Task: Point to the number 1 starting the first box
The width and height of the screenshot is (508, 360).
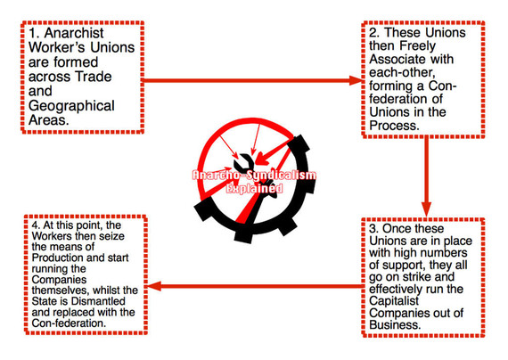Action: click(28, 37)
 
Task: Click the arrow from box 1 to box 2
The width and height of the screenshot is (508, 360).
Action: click(250, 81)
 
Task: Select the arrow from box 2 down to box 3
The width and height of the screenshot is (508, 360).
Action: click(428, 178)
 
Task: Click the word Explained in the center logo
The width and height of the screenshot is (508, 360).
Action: click(254, 189)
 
